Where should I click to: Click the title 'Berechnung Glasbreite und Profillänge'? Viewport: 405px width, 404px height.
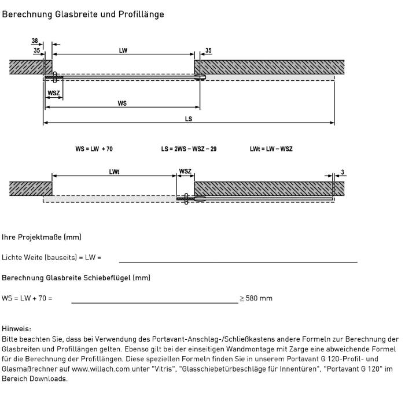click(x=83, y=14)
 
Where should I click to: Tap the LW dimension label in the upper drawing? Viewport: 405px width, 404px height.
click(x=123, y=51)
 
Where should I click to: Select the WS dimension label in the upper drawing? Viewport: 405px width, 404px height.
click(x=122, y=103)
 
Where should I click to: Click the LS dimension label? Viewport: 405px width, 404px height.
click(x=189, y=119)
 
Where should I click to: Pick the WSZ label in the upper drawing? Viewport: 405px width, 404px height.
click(x=54, y=92)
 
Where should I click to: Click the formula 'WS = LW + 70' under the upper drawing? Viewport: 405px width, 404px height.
click(x=94, y=149)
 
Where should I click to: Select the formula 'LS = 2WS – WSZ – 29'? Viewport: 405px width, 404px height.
click(x=189, y=149)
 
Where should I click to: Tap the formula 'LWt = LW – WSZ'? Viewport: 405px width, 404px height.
click(x=271, y=149)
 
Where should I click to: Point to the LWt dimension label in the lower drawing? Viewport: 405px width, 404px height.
click(x=113, y=172)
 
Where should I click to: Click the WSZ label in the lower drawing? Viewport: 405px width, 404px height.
click(x=185, y=171)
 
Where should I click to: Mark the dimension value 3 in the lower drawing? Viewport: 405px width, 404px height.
click(x=343, y=172)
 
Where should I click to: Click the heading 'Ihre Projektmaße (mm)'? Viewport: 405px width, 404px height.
click(x=42, y=237)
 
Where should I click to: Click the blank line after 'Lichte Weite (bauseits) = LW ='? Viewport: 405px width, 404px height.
click(x=238, y=261)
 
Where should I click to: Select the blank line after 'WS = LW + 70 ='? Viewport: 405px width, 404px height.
click(x=154, y=302)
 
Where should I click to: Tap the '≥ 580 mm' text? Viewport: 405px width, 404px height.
click(x=256, y=298)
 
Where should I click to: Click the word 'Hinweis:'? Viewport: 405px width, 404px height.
click(x=17, y=328)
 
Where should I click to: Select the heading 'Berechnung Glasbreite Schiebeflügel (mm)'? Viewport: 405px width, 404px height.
click(x=76, y=278)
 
